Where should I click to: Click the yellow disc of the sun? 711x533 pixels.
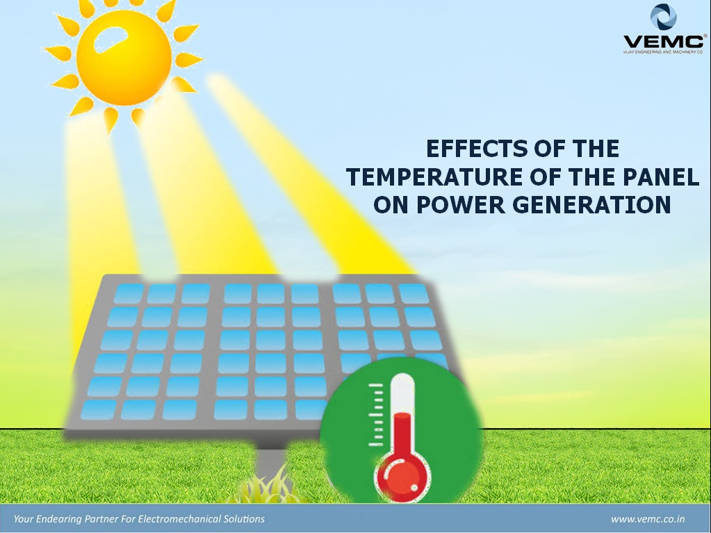pos(123,58)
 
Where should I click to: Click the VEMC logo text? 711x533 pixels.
pos(664,42)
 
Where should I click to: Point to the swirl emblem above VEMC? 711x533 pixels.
pos(663,17)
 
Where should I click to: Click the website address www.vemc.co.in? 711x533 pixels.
pos(648,519)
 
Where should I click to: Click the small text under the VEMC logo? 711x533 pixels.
pos(664,52)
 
